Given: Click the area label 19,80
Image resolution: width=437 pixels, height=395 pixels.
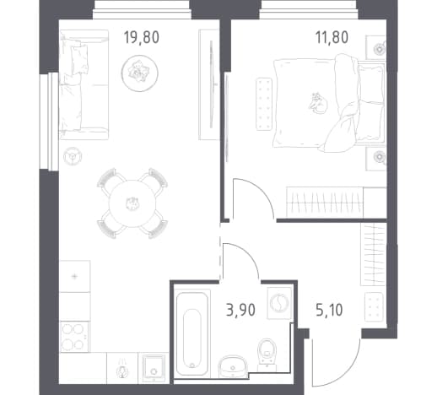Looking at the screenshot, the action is pyautogui.click(x=142, y=38).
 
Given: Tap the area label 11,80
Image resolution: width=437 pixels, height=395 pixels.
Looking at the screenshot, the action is pyautogui.click(x=332, y=38).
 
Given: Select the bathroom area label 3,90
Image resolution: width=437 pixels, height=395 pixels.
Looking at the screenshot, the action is pyautogui.click(x=240, y=310).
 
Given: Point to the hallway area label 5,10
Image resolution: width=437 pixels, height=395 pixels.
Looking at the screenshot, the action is pyautogui.click(x=329, y=310).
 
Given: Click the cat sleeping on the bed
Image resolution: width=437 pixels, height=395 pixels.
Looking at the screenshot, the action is pyautogui.click(x=318, y=103).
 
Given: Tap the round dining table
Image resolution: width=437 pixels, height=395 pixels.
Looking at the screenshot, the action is pyautogui.click(x=132, y=203).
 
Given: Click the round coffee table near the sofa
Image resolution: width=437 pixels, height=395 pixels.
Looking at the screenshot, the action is pyautogui.click(x=140, y=73).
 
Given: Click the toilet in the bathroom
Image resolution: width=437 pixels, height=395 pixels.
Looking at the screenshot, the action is pyautogui.click(x=267, y=353).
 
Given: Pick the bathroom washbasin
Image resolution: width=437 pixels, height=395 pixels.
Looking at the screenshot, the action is pyautogui.click(x=233, y=366).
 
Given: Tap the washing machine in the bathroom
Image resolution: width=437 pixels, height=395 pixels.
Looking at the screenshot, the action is pyautogui.click(x=279, y=303).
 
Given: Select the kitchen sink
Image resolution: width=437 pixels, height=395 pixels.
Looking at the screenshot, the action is pyautogui.click(x=154, y=369).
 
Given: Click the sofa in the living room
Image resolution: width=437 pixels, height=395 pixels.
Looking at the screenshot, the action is pyautogui.click(x=84, y=84).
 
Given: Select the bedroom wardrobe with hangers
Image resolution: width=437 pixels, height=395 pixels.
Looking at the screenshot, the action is pyautogui.click(x=337, y=203).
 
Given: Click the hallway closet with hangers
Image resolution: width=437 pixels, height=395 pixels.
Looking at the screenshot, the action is pyautogui.click(x=374, y=254).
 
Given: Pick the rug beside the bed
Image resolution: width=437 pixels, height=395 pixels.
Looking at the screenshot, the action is pyautogui.click(x=264, y=104).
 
